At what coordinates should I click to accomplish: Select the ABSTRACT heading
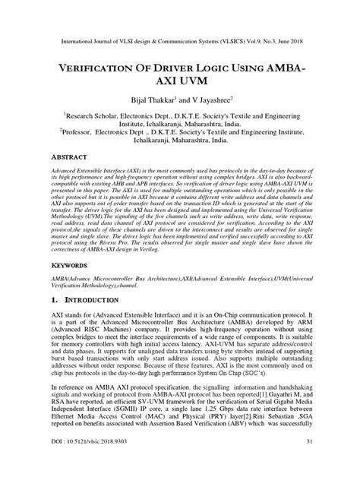point(52,157)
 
